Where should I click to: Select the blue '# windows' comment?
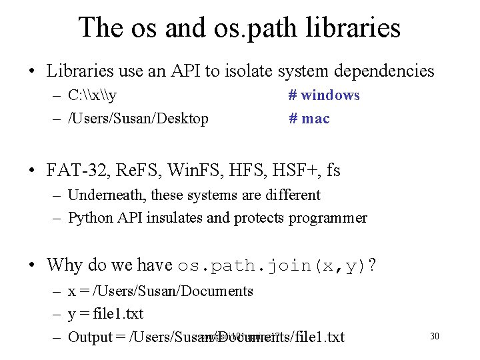324,95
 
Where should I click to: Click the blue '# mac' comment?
309,119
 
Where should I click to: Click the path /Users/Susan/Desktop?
138,119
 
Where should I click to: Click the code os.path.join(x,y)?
272,265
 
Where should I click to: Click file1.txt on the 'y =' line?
118,313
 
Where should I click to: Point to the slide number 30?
434,336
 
